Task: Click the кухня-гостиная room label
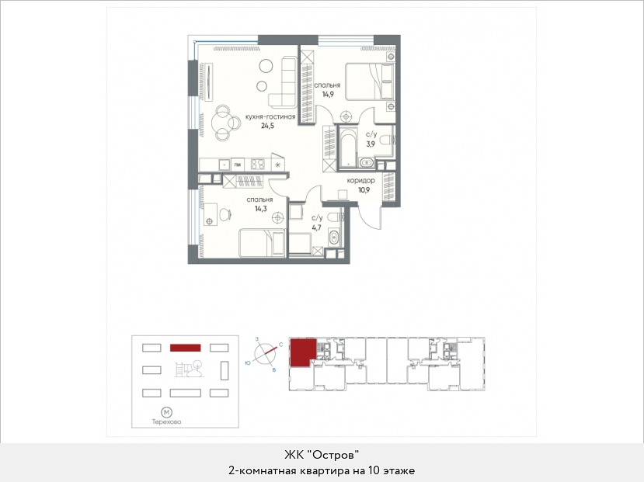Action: click(x=270, y=117)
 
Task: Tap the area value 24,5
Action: click(x=267, y=126)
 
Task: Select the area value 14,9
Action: click(x=327, y=94)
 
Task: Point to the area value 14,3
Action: click(x=260, y=208)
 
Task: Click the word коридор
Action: click(x=360, y=181)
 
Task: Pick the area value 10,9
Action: click(x=364, y=190)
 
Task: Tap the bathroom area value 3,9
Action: click(x=371, y=144)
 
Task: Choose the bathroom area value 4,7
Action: click(x=316, y=227)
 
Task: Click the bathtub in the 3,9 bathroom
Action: click(x=348, y=148)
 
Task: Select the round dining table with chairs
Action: click(x=225, y=123)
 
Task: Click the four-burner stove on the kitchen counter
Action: click(x=258, y=165)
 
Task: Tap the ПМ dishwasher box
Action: click(x=238, y=165)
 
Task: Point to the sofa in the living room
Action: click(x=284, y=82)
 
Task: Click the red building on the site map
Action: click(x=185, y=348)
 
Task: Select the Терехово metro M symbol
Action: click(x=166, y=412)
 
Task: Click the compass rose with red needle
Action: click(x=265, y=353)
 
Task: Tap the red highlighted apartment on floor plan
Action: click(x=303, y=352)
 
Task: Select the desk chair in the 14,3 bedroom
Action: click(x=225, y=214)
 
